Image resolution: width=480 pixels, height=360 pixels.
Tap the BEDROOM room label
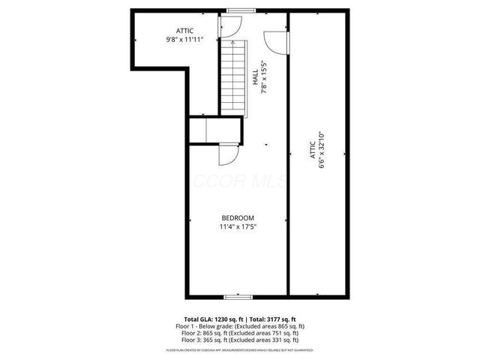(236, 217)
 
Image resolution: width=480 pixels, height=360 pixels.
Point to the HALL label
(256, 77)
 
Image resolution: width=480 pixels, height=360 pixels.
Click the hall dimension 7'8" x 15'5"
(264, 77)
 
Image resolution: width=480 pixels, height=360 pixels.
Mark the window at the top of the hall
(239, 10)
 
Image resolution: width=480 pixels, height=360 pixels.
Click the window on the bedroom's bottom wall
(236, 297)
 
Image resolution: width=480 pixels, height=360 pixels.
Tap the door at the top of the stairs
(229, 28)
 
